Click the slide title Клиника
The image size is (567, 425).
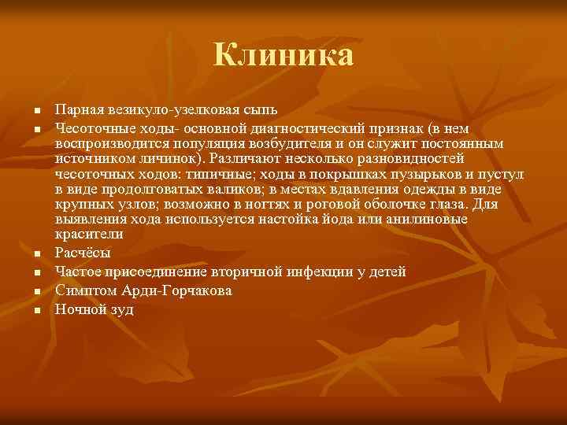(283, 55)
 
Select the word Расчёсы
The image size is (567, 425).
(83, 253)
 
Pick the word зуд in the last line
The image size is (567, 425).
(122, 309)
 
